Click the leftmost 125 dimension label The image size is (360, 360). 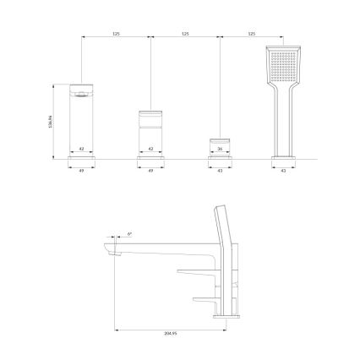click(x=115, y=34)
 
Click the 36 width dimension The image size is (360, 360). click(x=221, y=150)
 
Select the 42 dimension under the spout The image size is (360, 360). click(x=81, y=150)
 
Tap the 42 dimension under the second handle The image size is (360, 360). click(x=150, y=150)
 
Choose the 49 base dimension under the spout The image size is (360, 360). click(x=81, y=170)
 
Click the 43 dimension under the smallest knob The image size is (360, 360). click(x=221, y=170)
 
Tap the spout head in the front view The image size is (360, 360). click(x=79, y=90)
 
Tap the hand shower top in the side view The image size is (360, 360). click(x=221, y=215)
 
